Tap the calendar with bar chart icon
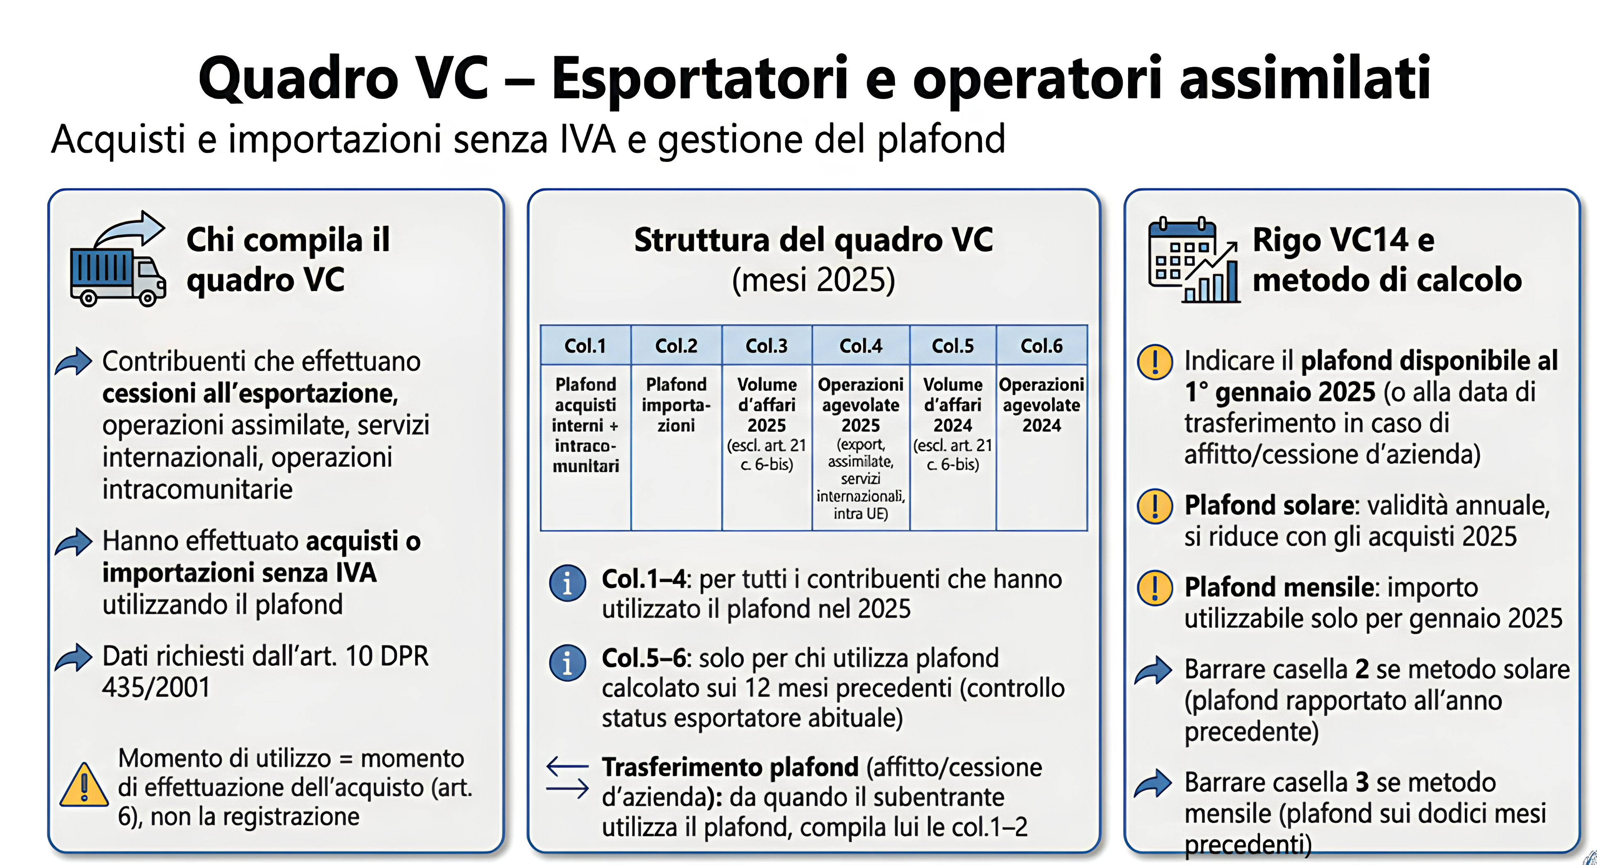(1194, 260)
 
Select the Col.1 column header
(585, 345)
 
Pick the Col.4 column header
(861, 345)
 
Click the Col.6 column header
(1041, 345)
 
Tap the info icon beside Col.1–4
(567, 583)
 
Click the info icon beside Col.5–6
(567, 662)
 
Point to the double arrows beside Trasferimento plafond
(567, 778)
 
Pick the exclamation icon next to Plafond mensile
(1154, 587)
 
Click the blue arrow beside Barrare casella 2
(1153, 670)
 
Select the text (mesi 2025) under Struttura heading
(813, 280)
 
